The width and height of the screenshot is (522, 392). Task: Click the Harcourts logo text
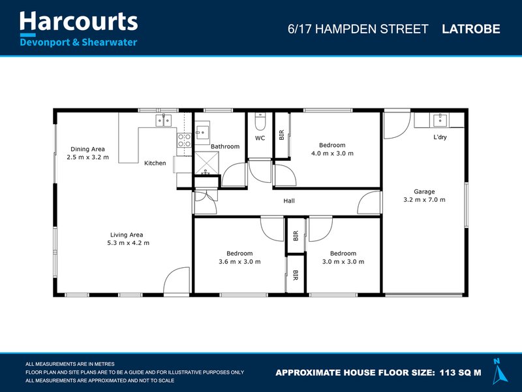(x=78, y=22)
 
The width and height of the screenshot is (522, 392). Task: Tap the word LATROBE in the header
(x=470, y=29)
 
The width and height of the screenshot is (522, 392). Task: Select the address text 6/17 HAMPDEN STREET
(x=358, y=29)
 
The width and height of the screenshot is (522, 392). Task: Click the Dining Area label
(x=87, y=153)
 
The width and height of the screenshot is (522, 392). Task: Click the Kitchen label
(x=155, y=163)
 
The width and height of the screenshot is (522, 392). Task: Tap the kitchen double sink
(x=163, y=120)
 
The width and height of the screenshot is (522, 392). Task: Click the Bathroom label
(x=225, y=146)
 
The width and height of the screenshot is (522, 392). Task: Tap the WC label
(x=260, y=139)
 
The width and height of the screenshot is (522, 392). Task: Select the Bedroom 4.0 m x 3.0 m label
(x=331, y=149)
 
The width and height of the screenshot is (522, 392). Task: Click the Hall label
(x=288, y=201)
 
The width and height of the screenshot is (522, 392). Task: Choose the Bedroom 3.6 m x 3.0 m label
(x=239, y=257)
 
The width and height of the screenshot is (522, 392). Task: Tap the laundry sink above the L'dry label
(x=439, y=120)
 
